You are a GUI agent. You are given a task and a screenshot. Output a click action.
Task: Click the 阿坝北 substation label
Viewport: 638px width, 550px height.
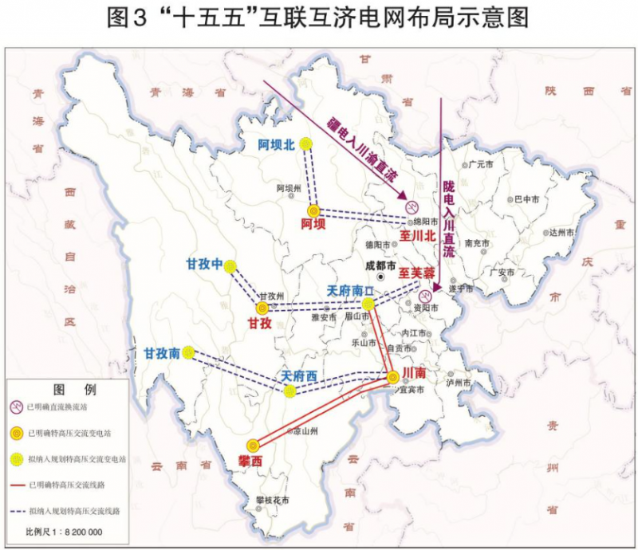click(x=276, y=144)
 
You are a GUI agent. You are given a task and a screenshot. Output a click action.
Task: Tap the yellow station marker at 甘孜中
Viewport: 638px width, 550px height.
click(x=231, y=266)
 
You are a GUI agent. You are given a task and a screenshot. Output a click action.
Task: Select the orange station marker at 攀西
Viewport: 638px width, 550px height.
click(x=253, y=446)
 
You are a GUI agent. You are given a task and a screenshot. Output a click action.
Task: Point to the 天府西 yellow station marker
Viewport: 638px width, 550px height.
click(x=289, y=391)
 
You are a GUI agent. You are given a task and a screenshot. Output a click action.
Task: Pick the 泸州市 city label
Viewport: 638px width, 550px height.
click(x=461, y=383)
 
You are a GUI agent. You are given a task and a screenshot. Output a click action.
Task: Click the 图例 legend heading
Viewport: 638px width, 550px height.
click(x=65, y=390)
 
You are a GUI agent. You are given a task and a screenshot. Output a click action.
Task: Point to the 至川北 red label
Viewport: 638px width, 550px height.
click(x=419, y=237)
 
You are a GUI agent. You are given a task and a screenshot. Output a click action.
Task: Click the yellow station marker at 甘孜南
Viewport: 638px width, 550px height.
click(x=188, y=352)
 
